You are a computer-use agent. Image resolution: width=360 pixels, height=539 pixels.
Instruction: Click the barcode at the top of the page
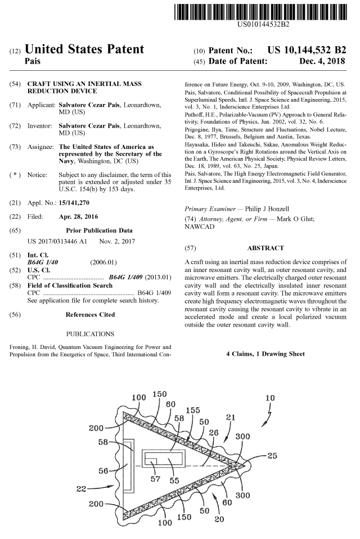point(263,11)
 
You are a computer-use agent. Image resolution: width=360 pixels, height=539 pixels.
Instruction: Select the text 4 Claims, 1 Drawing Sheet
point(265,354)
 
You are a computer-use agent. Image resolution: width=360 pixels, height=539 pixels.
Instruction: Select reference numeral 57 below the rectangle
point(156,480)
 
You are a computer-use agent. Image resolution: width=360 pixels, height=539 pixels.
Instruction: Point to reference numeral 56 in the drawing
point(104,470)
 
